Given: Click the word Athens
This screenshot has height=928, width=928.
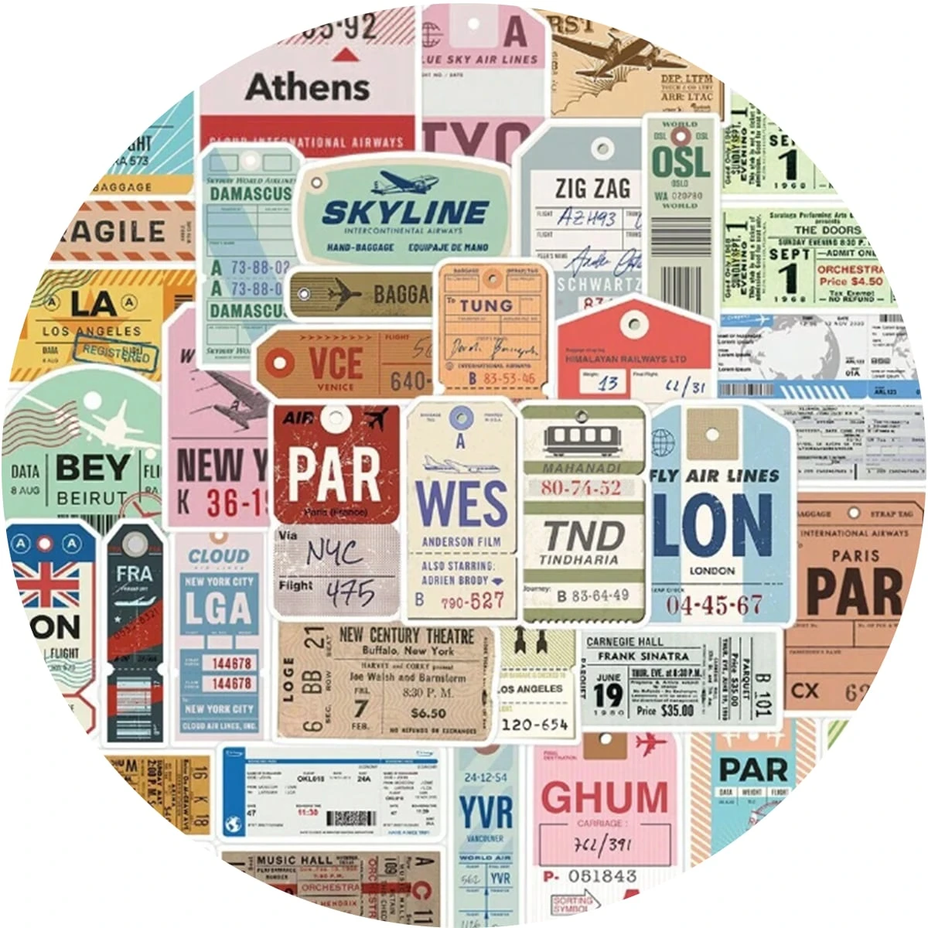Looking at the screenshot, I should pyautogui.click(x=308, y=87).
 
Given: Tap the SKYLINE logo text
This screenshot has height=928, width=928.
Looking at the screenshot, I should pyautogui.click(x=405, y=212).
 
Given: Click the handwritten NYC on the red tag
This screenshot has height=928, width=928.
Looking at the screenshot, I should pyautogui.click(x=334, y=553).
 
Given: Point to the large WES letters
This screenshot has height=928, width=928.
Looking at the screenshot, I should pyautogui.click(x=462, y=503).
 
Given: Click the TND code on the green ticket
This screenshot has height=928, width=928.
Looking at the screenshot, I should pyautogui.click(x=583, y=536).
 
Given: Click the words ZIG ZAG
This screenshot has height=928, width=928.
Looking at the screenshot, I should pyautogui.click(x=592, y=188).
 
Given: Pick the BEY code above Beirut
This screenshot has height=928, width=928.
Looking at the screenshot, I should pyautogui.click(x=93, y=468).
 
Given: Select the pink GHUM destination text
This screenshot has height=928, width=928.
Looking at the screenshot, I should pyautogui.click(x=604, y=797).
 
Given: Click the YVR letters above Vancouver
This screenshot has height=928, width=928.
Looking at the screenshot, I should pyautogui.click(x=486, y=813).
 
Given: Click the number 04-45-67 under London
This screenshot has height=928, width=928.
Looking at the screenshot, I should pyautogui.click(x=714, y=604).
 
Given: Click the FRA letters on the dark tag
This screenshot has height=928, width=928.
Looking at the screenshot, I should pyautogui.click(x=134, y=575).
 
